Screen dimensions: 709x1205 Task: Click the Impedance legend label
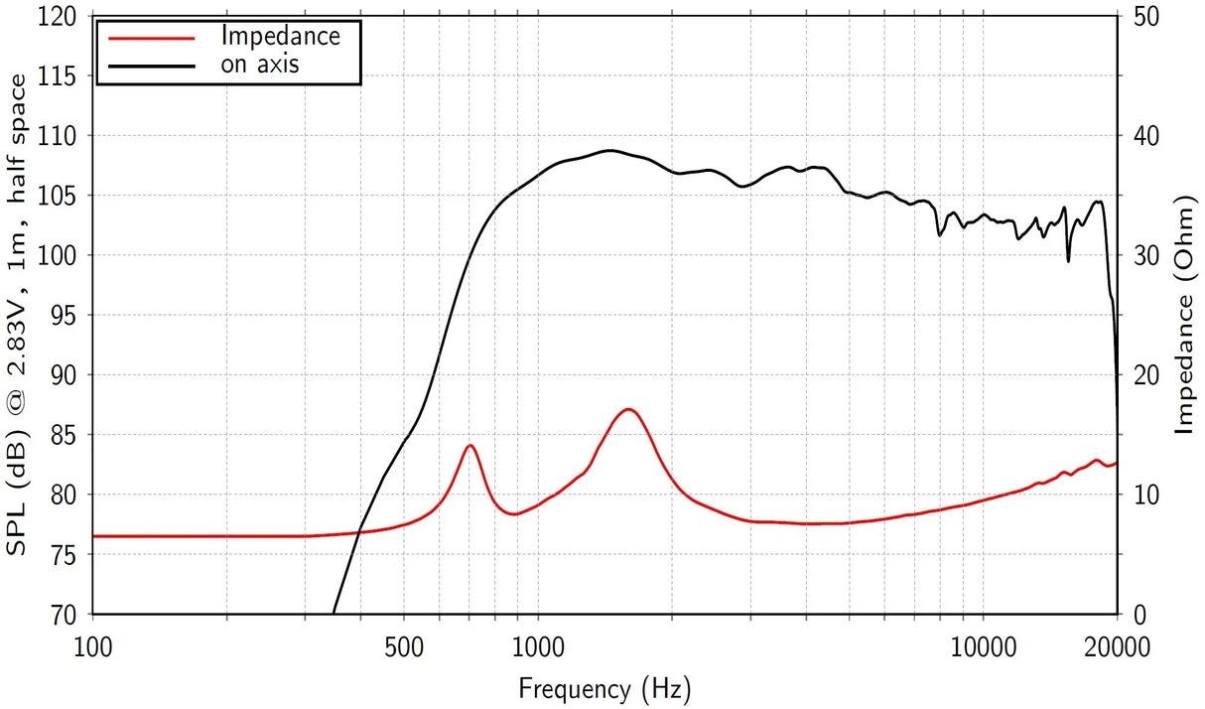tap(281, 37)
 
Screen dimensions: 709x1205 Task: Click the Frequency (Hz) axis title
tap(604, 687)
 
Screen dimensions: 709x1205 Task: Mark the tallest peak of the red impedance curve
tap(628, 409)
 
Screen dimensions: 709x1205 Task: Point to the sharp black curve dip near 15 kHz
tap(1068, 261)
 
